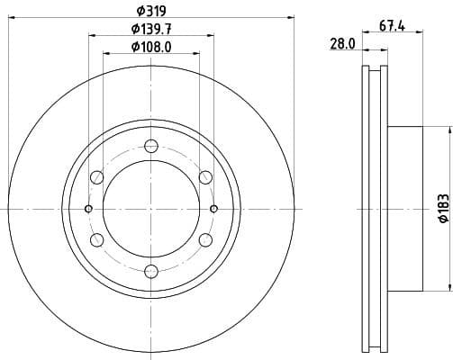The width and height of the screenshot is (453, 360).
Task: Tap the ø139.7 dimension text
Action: (x=151, y=29)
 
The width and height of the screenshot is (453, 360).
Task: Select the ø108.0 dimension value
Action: (x=151, y=46)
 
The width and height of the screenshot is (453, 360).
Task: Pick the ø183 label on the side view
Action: (x=442, y=209)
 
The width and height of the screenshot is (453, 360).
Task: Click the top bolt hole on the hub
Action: (x=151, y=146)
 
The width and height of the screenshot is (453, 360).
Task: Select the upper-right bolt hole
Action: (x=205, y=177)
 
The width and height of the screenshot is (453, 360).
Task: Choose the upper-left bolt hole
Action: (x=97, y=177)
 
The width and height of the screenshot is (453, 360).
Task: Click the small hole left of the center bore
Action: (x=88, y=209)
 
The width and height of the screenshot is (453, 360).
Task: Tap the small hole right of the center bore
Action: (x=214, y=209)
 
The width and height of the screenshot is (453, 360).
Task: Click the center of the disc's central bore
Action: (x=151, y=209)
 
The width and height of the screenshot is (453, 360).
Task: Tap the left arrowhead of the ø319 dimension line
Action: (x=10, y=15)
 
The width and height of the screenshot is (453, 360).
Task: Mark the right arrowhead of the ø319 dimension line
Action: (x=292, y=15)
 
